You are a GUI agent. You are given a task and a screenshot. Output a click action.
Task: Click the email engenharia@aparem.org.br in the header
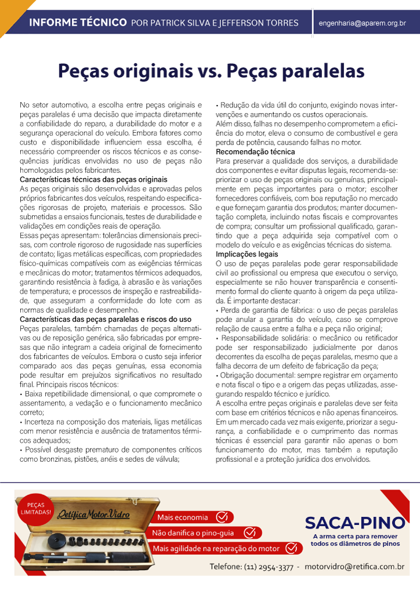pos(362,23)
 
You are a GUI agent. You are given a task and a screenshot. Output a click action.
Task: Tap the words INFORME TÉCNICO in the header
pos(78,23)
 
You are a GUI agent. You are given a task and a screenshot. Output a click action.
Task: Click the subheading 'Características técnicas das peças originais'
pos(93,180)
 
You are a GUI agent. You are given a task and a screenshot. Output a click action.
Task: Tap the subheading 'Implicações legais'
pos(247,254)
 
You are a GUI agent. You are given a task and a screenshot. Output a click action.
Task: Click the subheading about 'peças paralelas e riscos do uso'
pos(106,320)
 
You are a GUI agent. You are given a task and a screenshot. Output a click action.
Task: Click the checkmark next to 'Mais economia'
pos(222,517)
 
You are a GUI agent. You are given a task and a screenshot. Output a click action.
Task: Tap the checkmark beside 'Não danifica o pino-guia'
pos(249,532)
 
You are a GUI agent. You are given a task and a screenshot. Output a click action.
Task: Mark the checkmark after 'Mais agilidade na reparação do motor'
pos(290,548)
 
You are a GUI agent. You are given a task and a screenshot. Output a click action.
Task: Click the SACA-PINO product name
pos(354,523)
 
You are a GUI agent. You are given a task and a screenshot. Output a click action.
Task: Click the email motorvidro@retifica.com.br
pos(354,566)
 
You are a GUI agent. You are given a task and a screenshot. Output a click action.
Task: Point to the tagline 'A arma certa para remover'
pos(355,537)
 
